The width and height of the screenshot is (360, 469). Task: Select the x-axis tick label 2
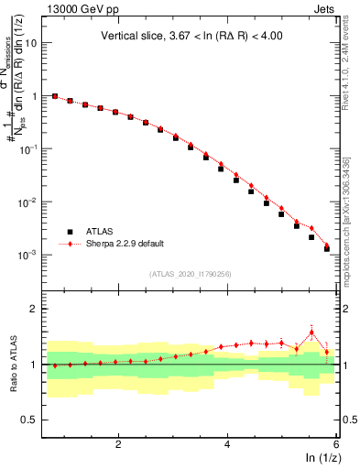(x=118, y=443)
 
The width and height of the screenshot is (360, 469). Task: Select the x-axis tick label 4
(x=227, y=443)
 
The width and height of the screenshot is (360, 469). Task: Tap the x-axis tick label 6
(x=335, y=443)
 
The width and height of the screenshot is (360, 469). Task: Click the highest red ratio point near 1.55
(x=311, y=333)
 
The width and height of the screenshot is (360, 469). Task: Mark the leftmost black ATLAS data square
(x=55, y=96)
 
